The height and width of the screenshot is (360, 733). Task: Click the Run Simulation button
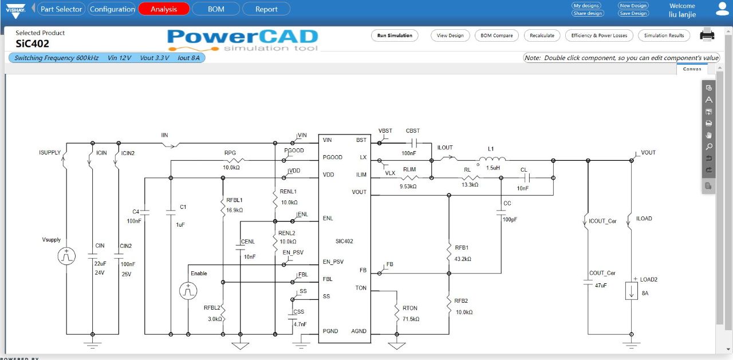pos(395,35)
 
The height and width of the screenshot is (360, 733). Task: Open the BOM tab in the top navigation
pos(216,9)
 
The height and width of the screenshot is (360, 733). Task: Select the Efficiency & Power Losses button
pos(599,35)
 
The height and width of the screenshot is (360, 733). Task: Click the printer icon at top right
pos(707,35)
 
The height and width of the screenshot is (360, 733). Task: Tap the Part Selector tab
pos(61,9)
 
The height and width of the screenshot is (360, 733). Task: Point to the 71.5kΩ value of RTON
pos(411,319)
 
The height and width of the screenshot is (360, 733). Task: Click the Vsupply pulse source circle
pos(66,256)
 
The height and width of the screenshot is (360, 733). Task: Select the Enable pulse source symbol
pos(187,291)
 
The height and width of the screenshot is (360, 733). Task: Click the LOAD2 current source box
pos(632,290)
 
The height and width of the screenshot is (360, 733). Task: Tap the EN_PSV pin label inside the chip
pos(333,262)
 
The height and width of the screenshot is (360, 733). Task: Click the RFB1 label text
pos(462,248)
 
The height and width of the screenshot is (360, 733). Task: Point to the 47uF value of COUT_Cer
pos(601,284)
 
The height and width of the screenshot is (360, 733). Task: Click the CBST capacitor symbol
pos(413,143)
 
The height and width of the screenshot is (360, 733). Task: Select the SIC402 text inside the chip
pos(344,242)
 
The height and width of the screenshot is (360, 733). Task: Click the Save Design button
pos(633,13)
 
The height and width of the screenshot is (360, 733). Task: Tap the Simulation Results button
pos(664,35)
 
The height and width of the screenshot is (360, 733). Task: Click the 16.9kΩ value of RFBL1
pos(234,210)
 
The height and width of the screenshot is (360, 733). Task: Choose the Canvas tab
pos(692,69)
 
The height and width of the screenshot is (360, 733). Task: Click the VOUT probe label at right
pos(648,153)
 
